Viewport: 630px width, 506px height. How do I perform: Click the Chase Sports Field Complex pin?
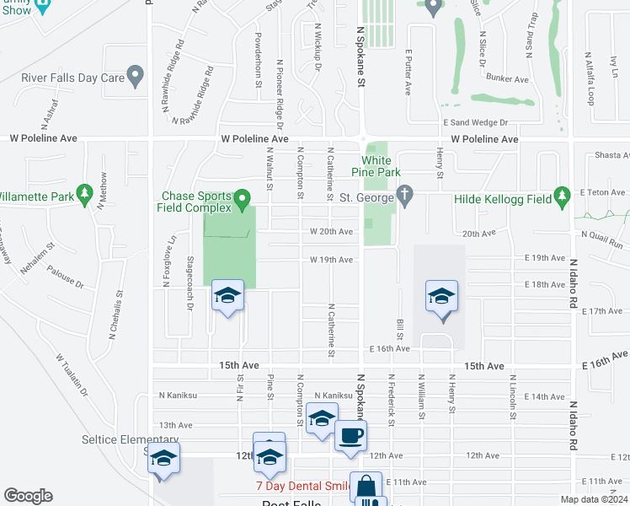pyautogui.click(x=243, y=200)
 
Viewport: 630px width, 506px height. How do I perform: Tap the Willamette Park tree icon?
pyautogui.click(x=84, y=195)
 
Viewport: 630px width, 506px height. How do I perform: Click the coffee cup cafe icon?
pyautogui.click(x=350, y=436)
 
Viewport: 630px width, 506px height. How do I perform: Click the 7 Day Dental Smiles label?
pyautogui.click(x=303, y=487)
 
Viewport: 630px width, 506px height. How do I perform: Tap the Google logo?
pyautogui.click(x=28, y=496)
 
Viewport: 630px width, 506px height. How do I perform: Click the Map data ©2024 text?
pyautogui.click(x=594, y=499)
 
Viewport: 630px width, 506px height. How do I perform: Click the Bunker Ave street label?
pyautogui.click(x=508, y=79)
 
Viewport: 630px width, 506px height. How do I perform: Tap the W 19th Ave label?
pyautogui.click(x=330, y=260)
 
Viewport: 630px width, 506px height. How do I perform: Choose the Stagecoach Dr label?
pyautogui.click(x=190, y=283)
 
